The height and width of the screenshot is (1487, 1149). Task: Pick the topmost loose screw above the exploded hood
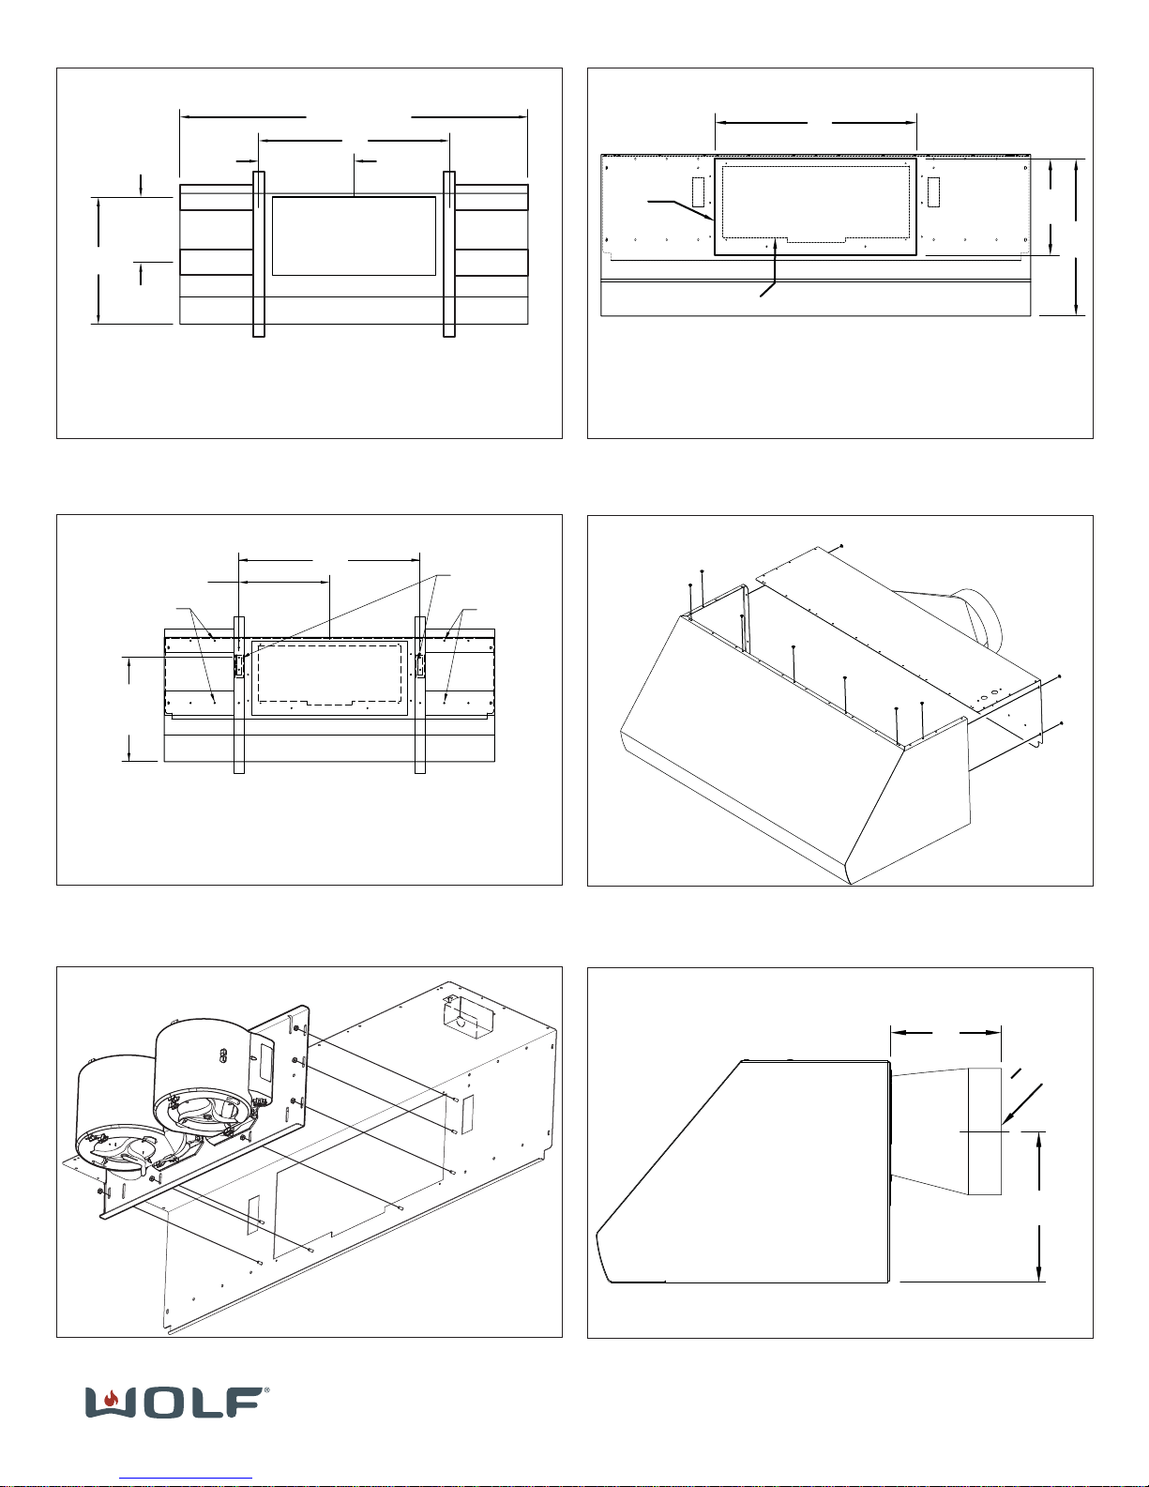point(842,544)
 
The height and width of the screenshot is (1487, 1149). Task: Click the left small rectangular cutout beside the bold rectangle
point(698,190)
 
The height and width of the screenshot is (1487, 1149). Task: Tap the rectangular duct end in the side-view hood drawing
point(985,1130)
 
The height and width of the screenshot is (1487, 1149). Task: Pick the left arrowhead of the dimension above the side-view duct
point(894,1033)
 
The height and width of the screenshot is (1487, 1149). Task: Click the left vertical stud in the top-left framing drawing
point(259,253)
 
